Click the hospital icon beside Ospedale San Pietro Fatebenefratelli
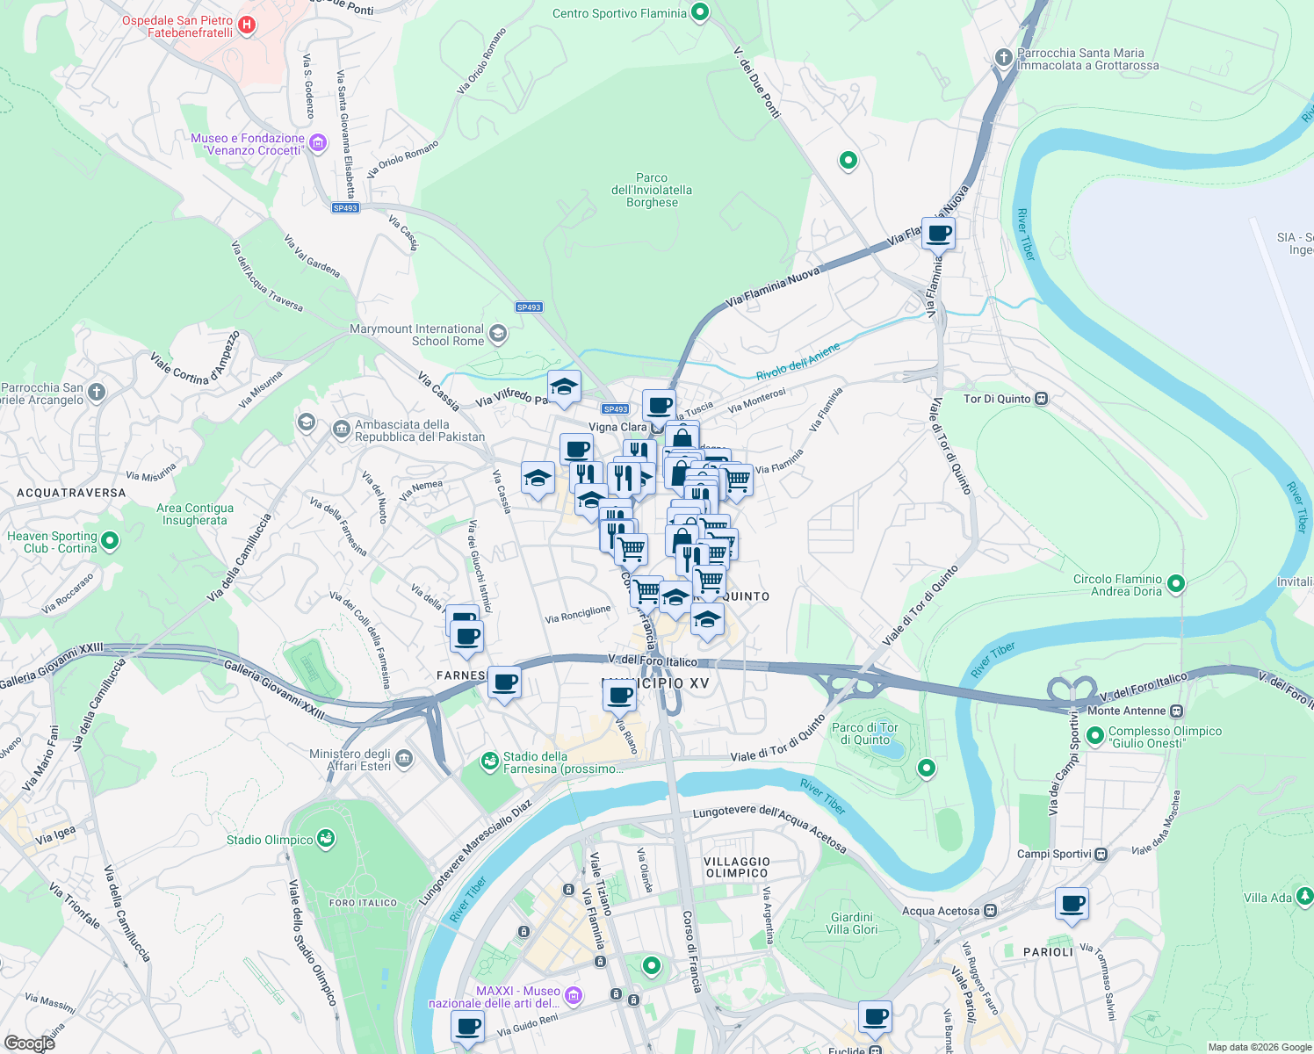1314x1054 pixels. pyautogui.click(x=247, y=25)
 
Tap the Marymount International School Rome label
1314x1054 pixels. pyautogui.click(x=417, y=335)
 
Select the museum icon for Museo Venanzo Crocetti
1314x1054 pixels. pyautogui.click(x=318, y=142)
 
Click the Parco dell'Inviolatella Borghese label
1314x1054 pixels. pyautogui.click(x=652, y=190)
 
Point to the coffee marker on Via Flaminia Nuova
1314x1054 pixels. pyautogui.click(x=938, y=234)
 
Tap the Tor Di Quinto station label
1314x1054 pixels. pyautogui.click(x=997, y=399)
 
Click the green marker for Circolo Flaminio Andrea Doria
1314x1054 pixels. pyautogui.click(x=1176, y=583)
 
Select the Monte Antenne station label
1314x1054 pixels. pyautogui.click(x=1127, y=711)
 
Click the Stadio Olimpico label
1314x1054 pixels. pyautogui.click(x=270, y=840)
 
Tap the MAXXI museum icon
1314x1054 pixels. pyautogui.click(x=574, y=995)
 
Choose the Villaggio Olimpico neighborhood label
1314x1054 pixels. pyautogui.click(x=737, y=867)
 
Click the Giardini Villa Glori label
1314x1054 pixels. pyautogui.click(x=851, y=923)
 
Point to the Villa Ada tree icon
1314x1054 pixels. pyautogui.click(x=1304, y=896)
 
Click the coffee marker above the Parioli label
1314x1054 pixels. pyautogui.click(x=1072, y=903)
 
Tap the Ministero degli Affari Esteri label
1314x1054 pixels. pyautogui.click(x=350, y=760)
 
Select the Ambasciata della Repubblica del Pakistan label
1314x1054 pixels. pyautogui.click(x=419, y=430)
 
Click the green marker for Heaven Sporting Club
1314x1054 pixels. pyautogui.click(x=110, y=541)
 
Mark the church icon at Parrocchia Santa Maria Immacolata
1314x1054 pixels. pyautogui.click(x=1003, y=58)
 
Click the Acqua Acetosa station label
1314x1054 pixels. pyautogui.click(x=940, y=911)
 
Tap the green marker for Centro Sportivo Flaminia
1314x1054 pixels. pyautogui.click(x=700, y=12)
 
